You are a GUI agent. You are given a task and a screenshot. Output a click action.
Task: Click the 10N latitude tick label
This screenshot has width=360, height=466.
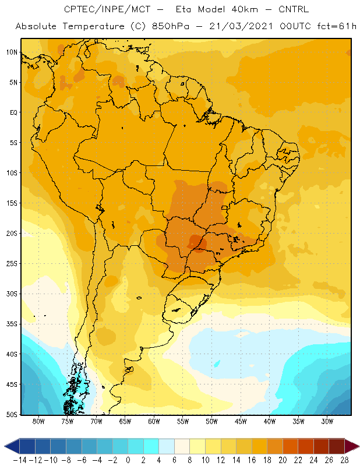click(x=12, y=52)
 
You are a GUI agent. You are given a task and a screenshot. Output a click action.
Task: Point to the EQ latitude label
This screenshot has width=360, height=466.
click(x=13, y=112)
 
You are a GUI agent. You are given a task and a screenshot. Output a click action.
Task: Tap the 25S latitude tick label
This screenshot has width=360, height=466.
click(x=12, y=264)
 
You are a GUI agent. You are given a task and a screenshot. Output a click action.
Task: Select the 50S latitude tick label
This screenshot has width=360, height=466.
click(x=12, y=415)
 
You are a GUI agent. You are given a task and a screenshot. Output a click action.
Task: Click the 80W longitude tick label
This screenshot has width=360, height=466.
click(x=38, y=421)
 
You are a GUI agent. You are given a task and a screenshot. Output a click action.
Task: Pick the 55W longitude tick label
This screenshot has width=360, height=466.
click(x=183, y=421)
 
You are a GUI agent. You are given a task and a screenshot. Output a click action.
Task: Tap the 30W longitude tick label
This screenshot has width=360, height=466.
click(x=327, y=421)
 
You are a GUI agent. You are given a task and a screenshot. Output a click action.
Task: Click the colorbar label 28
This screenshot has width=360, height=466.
click(x=344, y=460)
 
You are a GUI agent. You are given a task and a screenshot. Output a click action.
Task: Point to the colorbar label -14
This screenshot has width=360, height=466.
click(x=20, y=460)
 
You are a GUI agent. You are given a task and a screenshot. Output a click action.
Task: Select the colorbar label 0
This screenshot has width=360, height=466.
click(x=128, y=460)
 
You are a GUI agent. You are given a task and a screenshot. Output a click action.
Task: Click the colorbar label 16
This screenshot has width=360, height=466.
click(x=252, y=460)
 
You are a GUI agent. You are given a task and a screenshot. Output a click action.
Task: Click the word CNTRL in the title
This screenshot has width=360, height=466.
click(x=294, y=9)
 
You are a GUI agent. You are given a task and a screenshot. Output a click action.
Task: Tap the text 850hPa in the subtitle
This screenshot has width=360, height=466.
click(x=170, y=26)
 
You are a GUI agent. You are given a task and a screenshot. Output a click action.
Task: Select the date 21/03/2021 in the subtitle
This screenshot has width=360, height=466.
click(x=241, y=26)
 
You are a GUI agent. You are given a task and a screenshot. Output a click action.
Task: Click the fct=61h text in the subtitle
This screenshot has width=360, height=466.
click(x=337, y=26)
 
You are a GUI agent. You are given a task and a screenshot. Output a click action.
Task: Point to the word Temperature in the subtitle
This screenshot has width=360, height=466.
click(x=93, y=26)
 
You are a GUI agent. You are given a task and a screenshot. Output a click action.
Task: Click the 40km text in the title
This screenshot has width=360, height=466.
click(x=244, y=9)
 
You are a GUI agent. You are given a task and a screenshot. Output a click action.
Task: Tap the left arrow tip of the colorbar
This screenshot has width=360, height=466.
click(x=5, y=446)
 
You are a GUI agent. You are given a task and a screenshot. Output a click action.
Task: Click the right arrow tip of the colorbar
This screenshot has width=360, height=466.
click(x=359, y=446)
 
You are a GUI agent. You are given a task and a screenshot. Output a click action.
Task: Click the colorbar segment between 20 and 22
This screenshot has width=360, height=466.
click(x=291, y=446)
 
